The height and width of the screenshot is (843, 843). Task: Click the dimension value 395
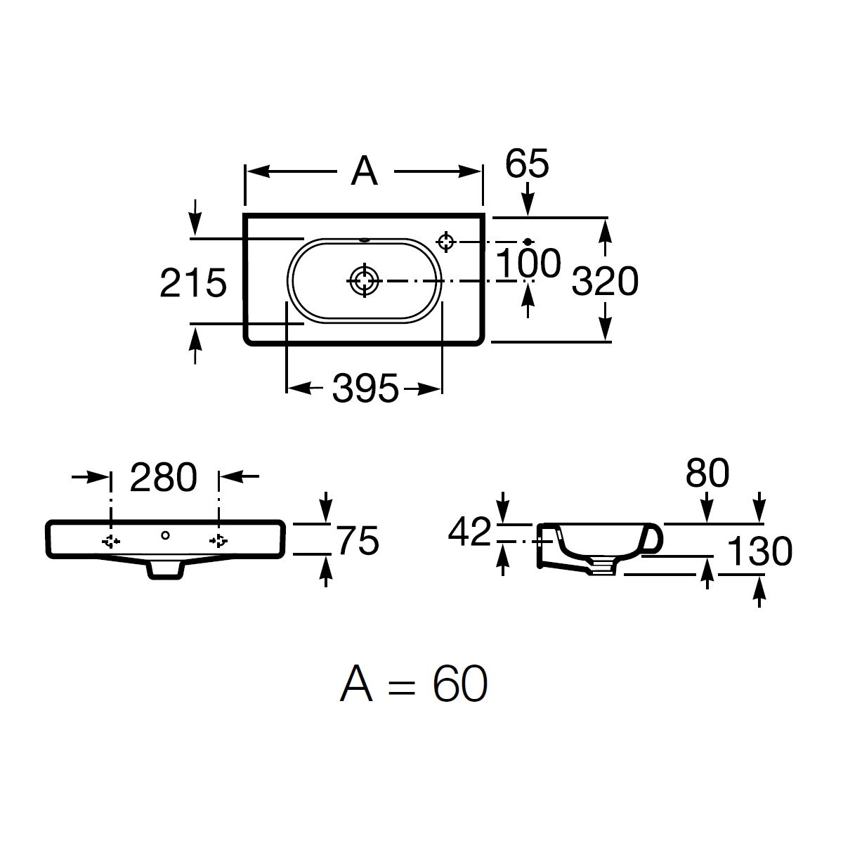click(x=365, y=388)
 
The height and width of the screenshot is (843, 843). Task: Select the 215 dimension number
click(x=193, y=283)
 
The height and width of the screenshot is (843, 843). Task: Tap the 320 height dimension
click(x=605, y=280)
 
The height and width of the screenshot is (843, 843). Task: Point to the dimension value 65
click(x=527, y=163)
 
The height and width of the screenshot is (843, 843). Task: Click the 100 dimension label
click(x=528, y=263)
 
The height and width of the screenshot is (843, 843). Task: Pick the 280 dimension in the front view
click(x=164, y=477)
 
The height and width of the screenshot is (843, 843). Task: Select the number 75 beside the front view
click(x=358, y=541)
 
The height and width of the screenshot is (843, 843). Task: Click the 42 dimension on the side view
click(x=469, y=532)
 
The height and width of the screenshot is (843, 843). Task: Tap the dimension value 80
click(x=707, y=473)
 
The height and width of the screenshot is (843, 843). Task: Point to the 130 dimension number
click(x=759, y=551)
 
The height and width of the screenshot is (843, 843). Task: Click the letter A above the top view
click(x=365, y=171)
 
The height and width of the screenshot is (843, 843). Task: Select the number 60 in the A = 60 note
click(x=459, y=684)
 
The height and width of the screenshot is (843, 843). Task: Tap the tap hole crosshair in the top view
click(x=446, y=242)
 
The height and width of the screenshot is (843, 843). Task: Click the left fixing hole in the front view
click(x=111, y=542)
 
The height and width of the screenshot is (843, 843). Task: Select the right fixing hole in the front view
click(x=218, y=542)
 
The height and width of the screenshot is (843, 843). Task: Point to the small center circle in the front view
click(x=165, y=535)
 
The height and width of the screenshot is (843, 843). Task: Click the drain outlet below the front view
click(x=165, y=570)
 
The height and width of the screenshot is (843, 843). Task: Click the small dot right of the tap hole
click(x=528, y=242)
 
